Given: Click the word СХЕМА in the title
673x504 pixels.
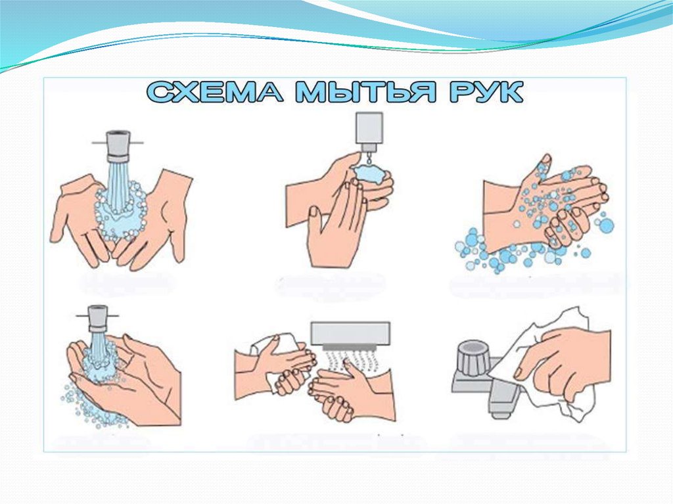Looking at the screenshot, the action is (x=215, y=92).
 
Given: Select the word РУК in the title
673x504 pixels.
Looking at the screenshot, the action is (x=486, y=92).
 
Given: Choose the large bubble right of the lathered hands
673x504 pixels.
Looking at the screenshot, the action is (x=606, y=226).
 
